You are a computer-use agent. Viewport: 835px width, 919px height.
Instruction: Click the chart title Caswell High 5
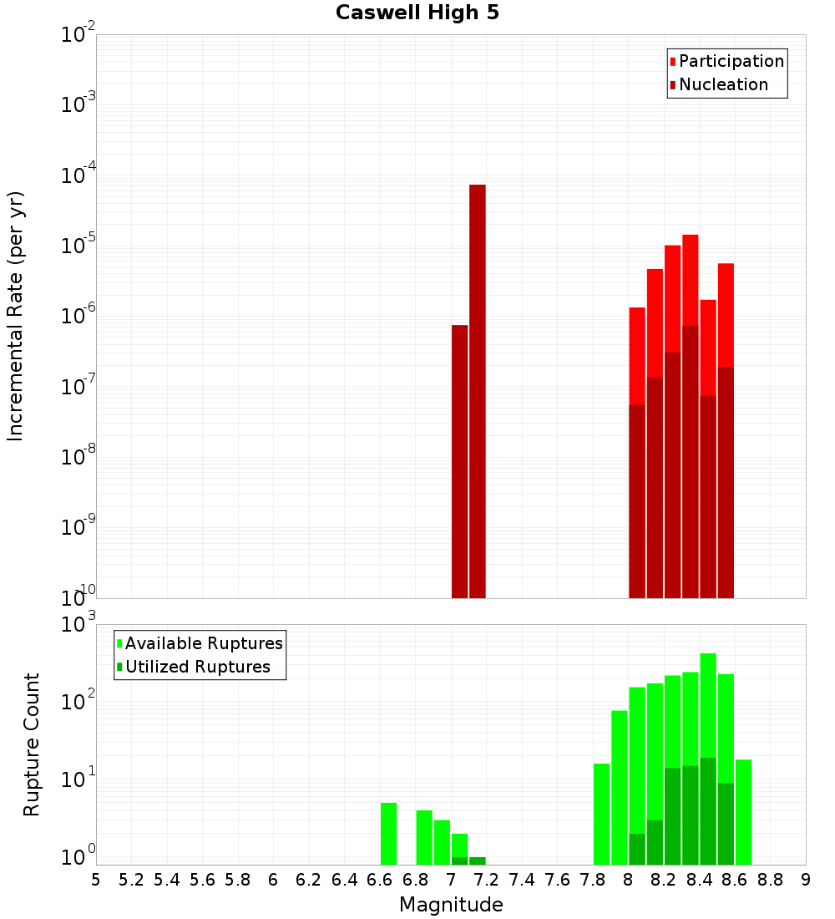417,13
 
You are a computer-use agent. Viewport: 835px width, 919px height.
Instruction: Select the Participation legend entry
731,62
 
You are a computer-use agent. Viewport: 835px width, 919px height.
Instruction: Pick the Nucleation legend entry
723,85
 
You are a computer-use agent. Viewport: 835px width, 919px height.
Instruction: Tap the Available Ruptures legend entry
204,644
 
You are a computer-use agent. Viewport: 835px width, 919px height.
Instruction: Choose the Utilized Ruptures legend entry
197,668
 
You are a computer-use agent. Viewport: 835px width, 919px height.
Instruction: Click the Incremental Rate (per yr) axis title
16,317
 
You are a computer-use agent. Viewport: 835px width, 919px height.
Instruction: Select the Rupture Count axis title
32,744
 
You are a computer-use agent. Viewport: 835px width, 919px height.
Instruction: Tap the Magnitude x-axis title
451,905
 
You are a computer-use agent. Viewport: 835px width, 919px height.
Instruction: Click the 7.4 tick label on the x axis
522,880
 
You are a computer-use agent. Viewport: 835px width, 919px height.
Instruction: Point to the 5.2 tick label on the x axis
131,880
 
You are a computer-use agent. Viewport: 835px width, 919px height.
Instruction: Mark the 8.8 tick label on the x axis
770,880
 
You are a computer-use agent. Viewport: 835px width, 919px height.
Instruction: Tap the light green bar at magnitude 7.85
601,815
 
